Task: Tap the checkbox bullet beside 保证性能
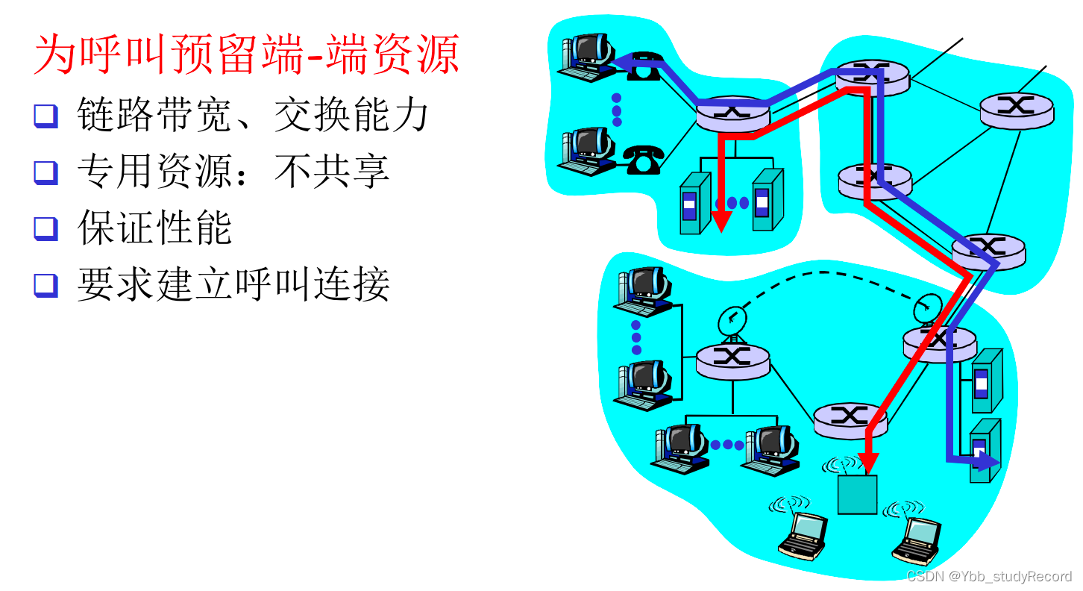click(45, 228)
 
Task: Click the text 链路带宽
click(154, 116)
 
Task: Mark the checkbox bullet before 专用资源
click(45, 172)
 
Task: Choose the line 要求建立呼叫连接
click(233, 284)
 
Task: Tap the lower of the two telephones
click(643, 159)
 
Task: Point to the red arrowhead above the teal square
click(867, 463)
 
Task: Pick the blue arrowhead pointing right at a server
click(989, 461)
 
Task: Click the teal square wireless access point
click(857, 494)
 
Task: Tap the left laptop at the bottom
click(803, 534)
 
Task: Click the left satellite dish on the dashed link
click(732, 322)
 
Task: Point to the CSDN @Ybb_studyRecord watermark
click(989, 577)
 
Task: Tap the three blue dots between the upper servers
click(732, 203)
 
